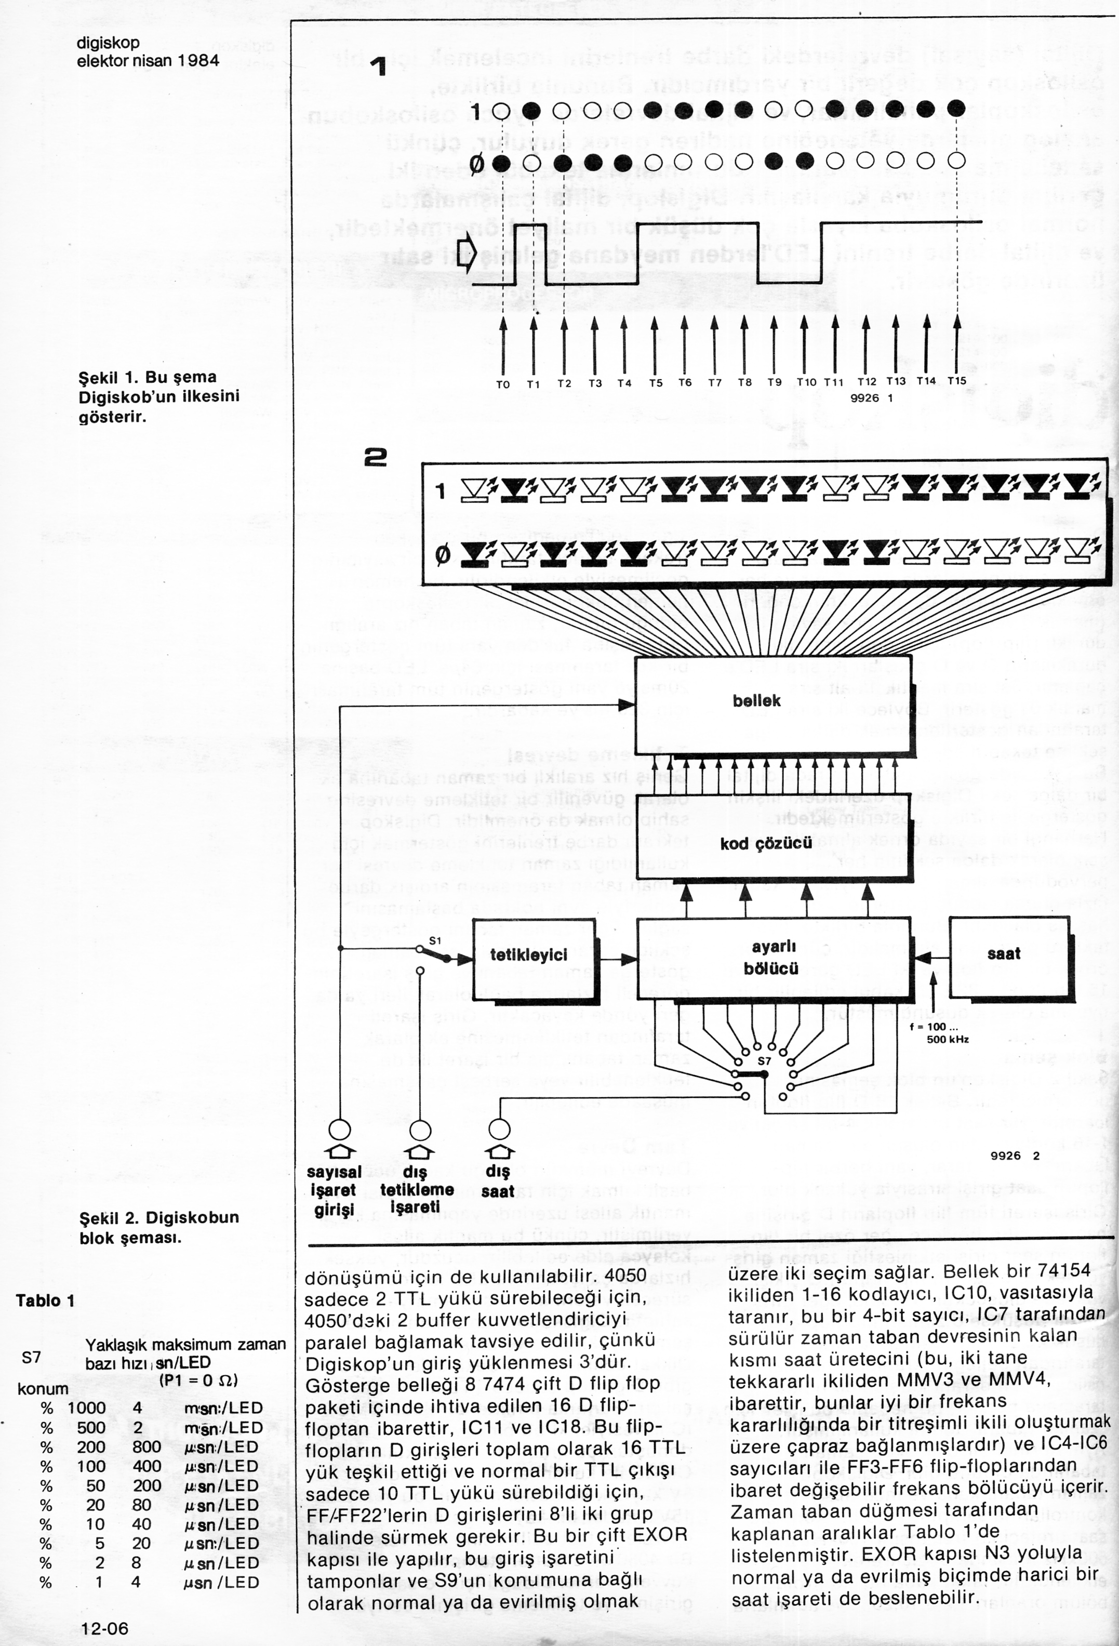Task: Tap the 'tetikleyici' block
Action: (x=529, y=955)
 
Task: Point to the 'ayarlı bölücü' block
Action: (x=772, y=957)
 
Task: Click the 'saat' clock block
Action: (x=1004, y=954)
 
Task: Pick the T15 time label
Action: (x=957, y=380)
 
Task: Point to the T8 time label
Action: (x=744, y=382)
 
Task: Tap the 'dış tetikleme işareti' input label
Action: (x=417, y=1190)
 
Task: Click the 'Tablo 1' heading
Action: (x=45, y=1300)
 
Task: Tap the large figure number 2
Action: (x=376, y=459)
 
